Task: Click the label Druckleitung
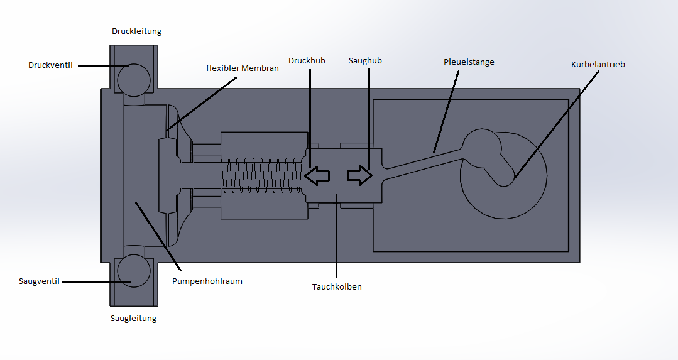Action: tap(136, 31)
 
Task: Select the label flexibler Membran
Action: tap(242, 68)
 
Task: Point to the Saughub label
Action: tap(365, 61)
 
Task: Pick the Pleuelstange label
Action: tap(469, 62)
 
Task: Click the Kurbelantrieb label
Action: tap(598, 64)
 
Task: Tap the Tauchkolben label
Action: tap(337, 287)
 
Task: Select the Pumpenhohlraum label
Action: tap(207, 281)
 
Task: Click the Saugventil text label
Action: tap(39, 281)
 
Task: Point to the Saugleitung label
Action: tap(133, 318)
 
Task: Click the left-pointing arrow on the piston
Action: tap(317, 176)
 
